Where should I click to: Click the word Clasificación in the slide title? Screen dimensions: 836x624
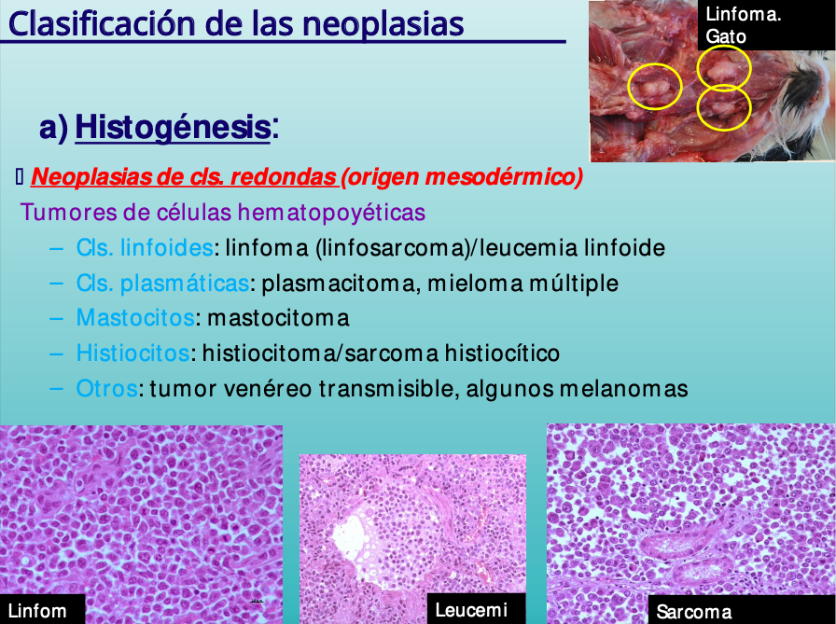click(x=102, y=24)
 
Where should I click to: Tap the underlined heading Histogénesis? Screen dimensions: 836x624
click(x=173, y=127)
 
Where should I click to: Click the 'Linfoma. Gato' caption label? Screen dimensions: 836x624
click(x=744, y=25)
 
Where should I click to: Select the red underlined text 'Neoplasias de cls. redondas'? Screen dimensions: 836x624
click(x=184, y=177)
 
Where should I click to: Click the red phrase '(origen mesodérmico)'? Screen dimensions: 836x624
click(x=462, y=177)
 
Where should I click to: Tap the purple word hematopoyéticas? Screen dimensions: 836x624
click(x=331, y=213)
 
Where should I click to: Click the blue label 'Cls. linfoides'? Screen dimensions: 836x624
click(x=145, y=248)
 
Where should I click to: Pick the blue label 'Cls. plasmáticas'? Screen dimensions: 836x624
click(x=162, y=284)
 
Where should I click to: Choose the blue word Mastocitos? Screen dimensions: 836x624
click(x=135, y=318)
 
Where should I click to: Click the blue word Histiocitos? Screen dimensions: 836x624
click(x=132, y=354)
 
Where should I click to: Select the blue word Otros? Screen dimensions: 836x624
click(x=107, y=388)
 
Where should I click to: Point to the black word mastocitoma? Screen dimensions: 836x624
click(x=278, y=318)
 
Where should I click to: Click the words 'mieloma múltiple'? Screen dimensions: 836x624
click(x=523, y=284)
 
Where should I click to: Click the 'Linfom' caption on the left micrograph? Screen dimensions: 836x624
click(x=37, y=611)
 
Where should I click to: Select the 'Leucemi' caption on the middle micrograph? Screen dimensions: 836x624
click(x=471, y=610)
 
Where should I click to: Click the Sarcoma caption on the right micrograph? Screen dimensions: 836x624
click(x=694, y=611)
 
